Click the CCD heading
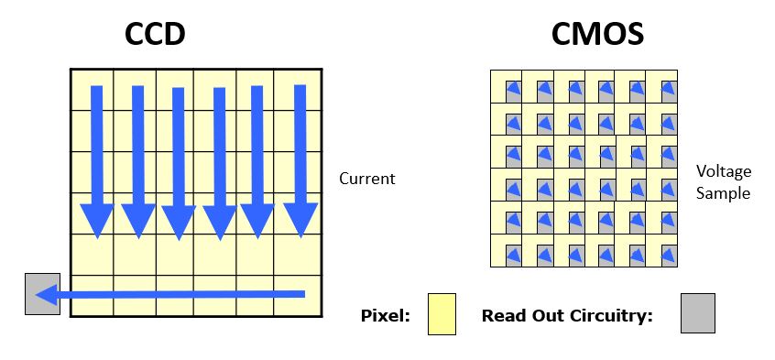click(155, 34)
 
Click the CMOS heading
click(597, 34)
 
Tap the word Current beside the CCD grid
click(367, 179)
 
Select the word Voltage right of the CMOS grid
click(724, 171)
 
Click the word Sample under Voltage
click(724, 193)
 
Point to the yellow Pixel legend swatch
click(442, 313)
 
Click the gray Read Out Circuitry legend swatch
click(697, 313)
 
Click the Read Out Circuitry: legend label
click(568, 316)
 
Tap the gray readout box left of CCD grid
click(42, 294)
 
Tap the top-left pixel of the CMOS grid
click(507, 86)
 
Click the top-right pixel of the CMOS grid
click(661, 86)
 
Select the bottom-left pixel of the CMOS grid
click(507, 251)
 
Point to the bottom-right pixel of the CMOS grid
click(661, 251)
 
